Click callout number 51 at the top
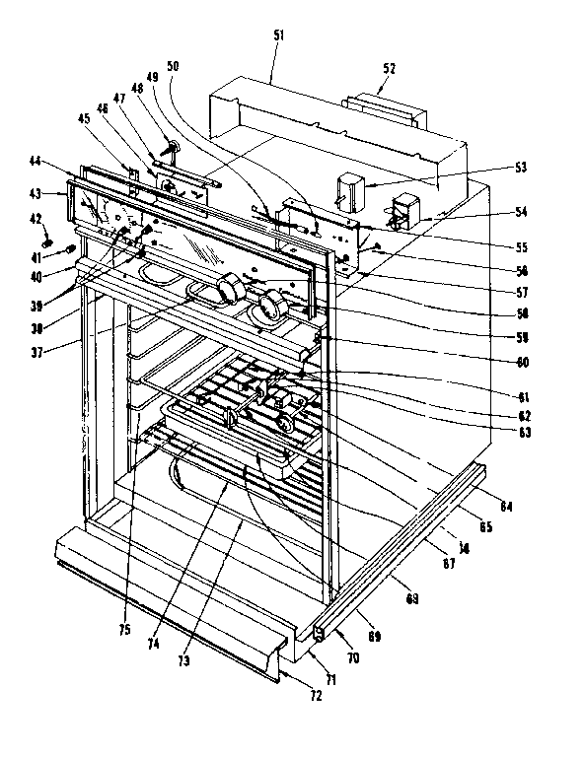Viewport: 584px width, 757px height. pyautogui.click(x=277, y=35)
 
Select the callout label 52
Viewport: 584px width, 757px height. pyautogui.click(x=389, y=70)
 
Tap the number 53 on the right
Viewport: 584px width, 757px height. pyautogui.click(x=519, y=168)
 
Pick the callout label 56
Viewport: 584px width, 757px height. pyautogui.click(x=521, y=269)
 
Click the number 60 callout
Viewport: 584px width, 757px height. pyautogui.click(x=521, y=361)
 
